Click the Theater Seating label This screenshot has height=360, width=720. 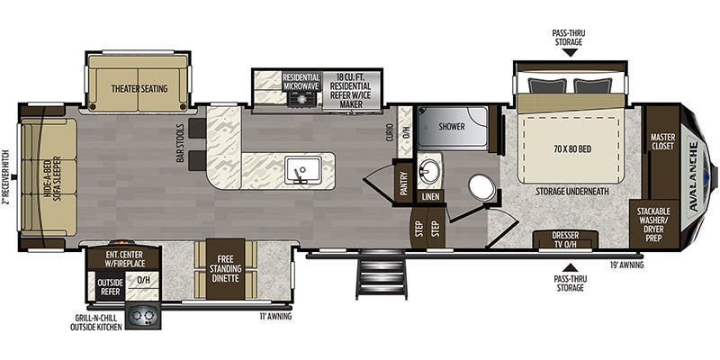tap(139, 88)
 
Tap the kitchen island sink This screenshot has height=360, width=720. tap(302, 170)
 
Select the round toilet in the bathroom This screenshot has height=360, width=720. tap(481, 187)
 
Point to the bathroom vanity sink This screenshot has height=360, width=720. tap(430, 171)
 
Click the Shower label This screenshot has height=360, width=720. tap(452, 126)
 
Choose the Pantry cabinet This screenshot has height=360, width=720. tap(404, 182)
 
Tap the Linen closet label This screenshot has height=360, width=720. tap(431, 196)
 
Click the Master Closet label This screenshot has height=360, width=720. tap(662, 142)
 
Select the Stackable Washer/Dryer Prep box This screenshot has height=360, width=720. tap(653, 224)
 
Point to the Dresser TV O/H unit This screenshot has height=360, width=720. tap(565, 239)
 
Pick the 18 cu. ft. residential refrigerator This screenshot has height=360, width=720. tap(352, 91)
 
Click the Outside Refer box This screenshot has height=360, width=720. tap(109, 285)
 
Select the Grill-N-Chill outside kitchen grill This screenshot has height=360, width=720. tap(143, 317)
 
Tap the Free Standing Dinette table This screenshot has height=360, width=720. tap(225, 269)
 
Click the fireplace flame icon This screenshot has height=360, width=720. tap(121, 242)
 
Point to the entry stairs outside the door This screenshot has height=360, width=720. tap(381, 274)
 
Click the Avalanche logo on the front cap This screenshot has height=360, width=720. tap(693, 176)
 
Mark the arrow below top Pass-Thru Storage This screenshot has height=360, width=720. tap(570, 52)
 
